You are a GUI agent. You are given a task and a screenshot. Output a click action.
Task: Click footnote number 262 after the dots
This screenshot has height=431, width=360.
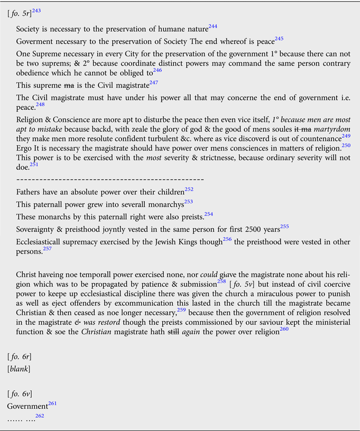coord(40,416)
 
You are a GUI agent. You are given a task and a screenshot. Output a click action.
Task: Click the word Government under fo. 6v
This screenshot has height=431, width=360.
coord(27,406)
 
